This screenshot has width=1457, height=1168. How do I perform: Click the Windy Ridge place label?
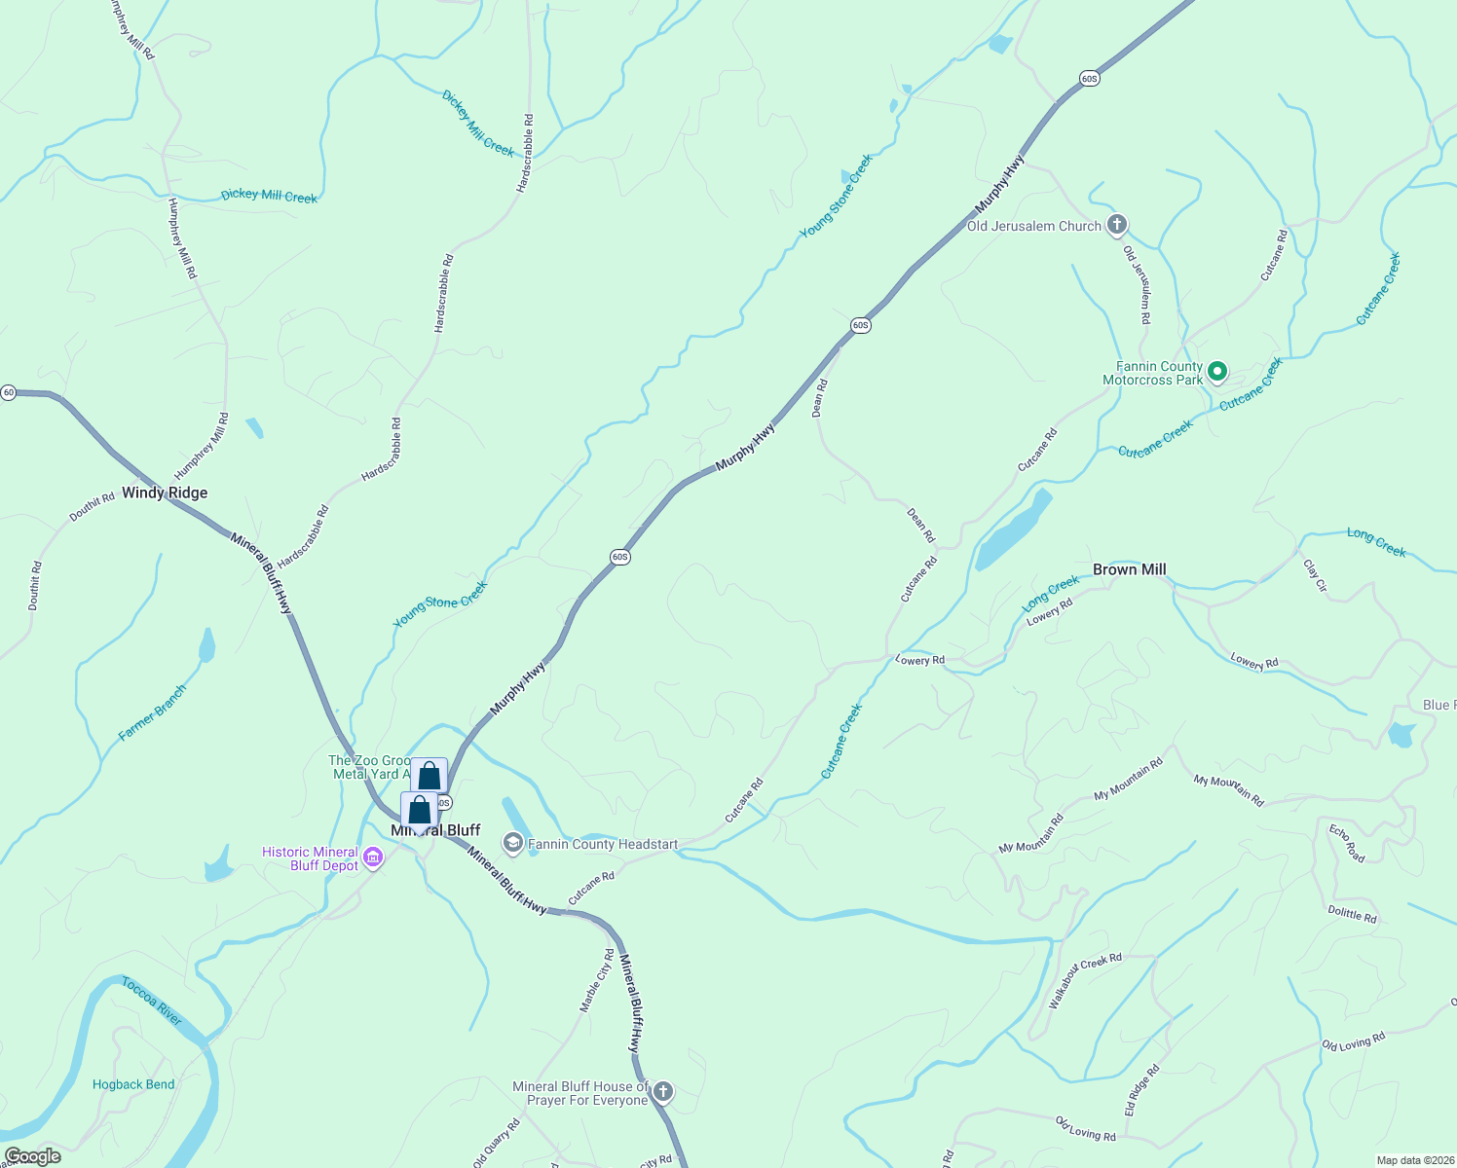coord(165,493)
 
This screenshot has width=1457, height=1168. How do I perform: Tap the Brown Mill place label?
coord(1129,569)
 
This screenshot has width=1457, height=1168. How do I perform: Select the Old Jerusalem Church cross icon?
coord(1117,225)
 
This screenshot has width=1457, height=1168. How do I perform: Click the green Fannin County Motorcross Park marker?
coord(1216,371)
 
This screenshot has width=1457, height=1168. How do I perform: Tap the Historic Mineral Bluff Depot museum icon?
coord(373,858)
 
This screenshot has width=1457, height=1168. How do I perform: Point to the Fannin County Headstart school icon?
coord(512,842)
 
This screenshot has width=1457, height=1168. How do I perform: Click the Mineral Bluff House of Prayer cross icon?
coord(662,1091)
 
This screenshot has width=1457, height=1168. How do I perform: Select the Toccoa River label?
coord(152,1002)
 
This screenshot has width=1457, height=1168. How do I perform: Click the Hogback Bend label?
coord(133,1084)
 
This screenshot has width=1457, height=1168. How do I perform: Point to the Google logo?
coord(32,1156)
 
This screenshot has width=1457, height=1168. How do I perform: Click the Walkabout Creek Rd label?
coord(1084,979)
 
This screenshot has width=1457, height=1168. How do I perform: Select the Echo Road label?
coord(1347,843)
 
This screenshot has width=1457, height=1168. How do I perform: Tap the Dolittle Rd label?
coord(1352,914)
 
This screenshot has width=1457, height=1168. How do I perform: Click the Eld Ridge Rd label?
coord(1142,1090)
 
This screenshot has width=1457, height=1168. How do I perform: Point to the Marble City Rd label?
coord(597,980)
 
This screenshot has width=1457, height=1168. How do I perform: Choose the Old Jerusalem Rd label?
coord(1138,284)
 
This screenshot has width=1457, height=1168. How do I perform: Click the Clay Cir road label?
coord(1315,575)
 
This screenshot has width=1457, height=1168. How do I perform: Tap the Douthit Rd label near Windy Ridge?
coord(92,508)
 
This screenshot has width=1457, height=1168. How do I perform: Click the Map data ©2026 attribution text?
coord(1415,1160)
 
